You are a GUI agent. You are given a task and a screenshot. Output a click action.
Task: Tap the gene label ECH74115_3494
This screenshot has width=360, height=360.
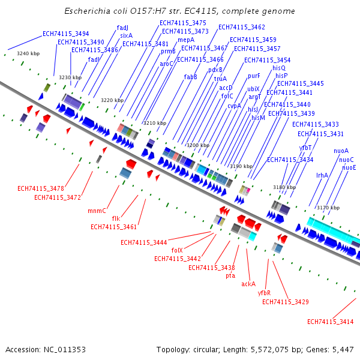(66, 34)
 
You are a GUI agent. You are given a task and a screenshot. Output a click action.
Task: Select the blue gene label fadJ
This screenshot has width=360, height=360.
(122, 28)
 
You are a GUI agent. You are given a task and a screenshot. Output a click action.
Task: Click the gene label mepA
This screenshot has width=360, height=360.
(186, 40)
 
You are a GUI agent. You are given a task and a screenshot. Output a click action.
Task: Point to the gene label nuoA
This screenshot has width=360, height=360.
(341, 151)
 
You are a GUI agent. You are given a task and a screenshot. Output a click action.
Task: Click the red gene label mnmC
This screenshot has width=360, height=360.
(97, 211)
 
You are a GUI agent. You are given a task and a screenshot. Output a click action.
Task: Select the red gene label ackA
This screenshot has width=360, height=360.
(248, 284)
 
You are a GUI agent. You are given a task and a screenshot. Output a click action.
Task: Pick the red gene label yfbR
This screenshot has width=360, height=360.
(264, 293)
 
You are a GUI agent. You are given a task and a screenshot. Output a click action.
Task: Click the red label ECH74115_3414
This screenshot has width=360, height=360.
(331, 322)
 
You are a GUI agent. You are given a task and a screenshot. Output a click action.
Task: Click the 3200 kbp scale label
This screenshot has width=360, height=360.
(197, 146)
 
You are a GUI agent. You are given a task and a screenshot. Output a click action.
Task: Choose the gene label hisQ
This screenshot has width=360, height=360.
(279, 68)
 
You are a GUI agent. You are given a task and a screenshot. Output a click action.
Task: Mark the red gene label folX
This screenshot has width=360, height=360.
(177, 250)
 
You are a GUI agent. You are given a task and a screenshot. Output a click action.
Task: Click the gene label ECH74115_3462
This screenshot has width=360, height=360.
(242, 27)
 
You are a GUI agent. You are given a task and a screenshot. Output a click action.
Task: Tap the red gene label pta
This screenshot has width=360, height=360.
(230, 276)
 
